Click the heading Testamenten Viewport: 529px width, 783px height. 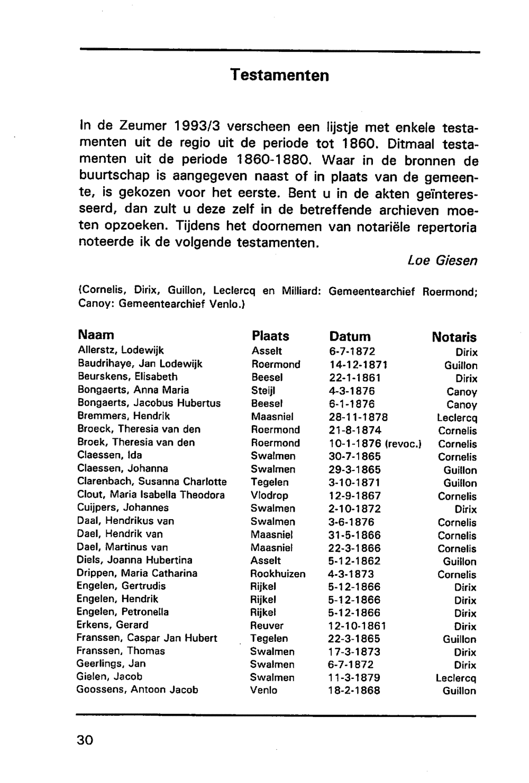(279, 76)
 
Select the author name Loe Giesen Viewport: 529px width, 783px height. (442, 261)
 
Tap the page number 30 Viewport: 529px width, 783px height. (85, 740)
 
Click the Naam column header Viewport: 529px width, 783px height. (96, 335)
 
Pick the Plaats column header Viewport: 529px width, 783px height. (270, 336)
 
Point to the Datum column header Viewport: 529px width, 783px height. (350, 337)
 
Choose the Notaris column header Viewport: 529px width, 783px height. (454, 337)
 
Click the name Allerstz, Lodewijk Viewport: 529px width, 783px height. (121, 351)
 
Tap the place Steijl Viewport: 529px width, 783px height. (263, 391)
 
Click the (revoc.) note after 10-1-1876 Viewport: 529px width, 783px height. (403, 444)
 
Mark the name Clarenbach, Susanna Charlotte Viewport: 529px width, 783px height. (152, 482)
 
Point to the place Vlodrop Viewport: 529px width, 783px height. (269, 495)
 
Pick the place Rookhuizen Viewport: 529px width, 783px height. (278, 574)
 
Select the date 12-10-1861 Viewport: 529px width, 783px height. (357, 626)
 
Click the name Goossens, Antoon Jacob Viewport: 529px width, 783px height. (138, 690)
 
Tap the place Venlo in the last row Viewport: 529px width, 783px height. (263, 690)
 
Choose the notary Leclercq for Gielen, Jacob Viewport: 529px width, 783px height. (456, 678)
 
